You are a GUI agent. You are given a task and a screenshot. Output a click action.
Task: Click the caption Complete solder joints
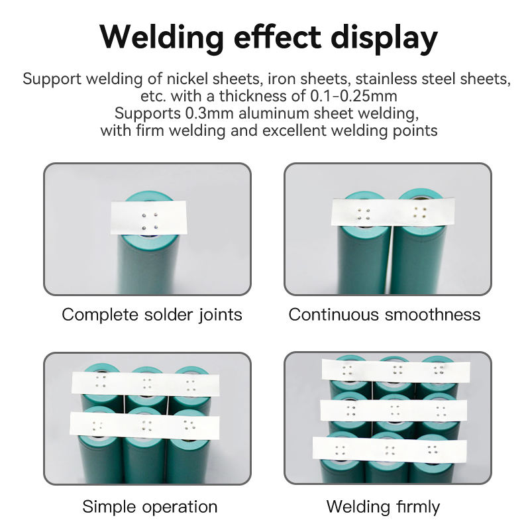152,314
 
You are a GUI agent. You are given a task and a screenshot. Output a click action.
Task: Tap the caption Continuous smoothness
384,314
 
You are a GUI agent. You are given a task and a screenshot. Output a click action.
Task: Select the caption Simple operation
150,507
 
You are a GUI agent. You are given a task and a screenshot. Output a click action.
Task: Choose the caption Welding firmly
383,507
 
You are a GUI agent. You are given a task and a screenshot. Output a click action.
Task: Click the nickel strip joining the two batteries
387,213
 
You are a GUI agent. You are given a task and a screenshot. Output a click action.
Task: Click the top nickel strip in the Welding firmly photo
395,370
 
